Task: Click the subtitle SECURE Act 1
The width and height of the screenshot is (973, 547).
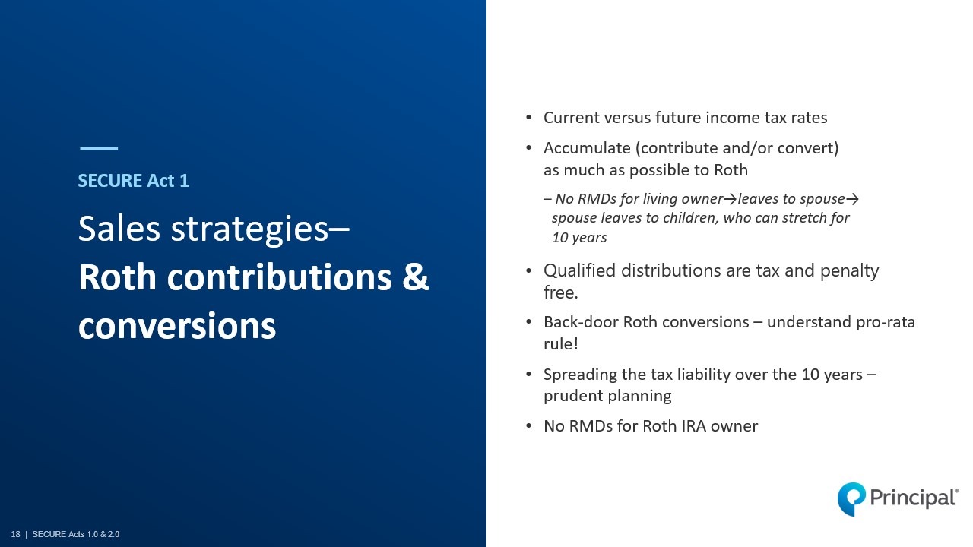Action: pyautogui.click(x=133, y=181)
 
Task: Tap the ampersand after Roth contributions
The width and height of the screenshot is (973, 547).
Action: pyautogui.click(x=415, y=277)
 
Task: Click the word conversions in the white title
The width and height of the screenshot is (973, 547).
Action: pyautogui.click(x=177, y=326)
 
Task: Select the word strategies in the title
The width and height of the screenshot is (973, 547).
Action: pyautogui.click(x=249, y=229)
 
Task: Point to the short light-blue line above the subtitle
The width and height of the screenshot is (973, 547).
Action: pyautogui.click(x=99, y=148)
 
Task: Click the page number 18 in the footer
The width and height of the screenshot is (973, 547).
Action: pyautogui.click(x=16, y=534)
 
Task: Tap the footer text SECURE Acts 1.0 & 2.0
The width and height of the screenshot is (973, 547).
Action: pyautogui.click(x=76, y=534)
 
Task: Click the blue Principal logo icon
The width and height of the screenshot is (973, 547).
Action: pyautogui.click(x=851, y=499)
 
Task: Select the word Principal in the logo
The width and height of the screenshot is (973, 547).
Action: pyautogui.click(x=913, y=498)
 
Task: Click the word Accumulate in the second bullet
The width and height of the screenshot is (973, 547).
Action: pyautogui.click(x=587, y=148)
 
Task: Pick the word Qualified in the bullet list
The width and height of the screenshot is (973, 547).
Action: pyautogui.click(x=579, y=271)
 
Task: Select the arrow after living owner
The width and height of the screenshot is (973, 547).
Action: pyautogui.click(x=731, y=199)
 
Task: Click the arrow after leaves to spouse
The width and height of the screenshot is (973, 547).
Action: pyautogui.click(x=852, y=199)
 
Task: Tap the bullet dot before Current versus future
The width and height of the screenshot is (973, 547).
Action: pyautogui.click(x=528, y=117)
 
